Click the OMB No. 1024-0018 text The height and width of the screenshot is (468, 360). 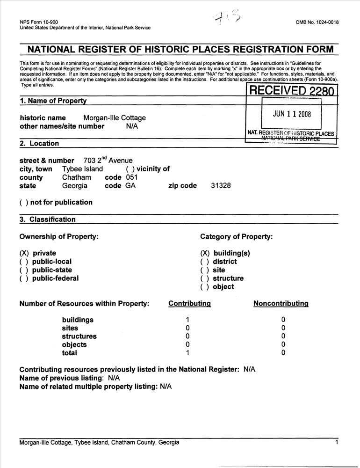tap(317, 22)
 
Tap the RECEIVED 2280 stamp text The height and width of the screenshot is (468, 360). tap(292, 90)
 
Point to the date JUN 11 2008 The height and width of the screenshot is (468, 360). tap(292, 114)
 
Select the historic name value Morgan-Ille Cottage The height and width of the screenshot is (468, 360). tap(115, 118)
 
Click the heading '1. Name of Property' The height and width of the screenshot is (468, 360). tap(53, 101)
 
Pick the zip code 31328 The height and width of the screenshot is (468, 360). tap(221, 186)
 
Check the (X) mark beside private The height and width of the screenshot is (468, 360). tap(24, 253)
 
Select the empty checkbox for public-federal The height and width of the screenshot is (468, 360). tap(24, 278)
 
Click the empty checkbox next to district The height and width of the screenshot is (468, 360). tap(205, 262)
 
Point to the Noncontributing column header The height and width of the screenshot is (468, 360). tap(281, 303)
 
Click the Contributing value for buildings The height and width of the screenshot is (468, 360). tap(187, 320)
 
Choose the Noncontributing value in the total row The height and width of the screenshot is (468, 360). tap(283, 353)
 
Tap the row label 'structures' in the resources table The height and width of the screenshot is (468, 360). tap(79, 336)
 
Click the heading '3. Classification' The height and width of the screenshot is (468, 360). tap(48, 219)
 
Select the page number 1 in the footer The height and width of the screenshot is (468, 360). tap(337, 442)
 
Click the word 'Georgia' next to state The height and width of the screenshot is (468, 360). tap(75, 186)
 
